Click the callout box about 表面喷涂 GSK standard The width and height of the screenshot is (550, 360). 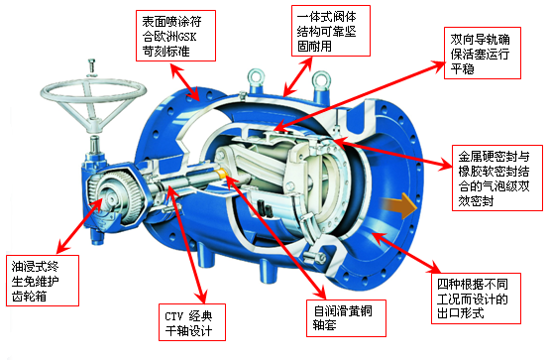point(175,36)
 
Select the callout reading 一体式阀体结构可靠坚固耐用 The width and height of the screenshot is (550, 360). point(331,31)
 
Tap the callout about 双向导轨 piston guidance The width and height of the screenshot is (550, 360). point(483,53)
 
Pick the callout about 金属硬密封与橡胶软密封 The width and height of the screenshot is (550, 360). point(497,178)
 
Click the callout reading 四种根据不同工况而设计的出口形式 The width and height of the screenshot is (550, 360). point(476,299)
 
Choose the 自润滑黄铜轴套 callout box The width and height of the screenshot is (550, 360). point(346,318)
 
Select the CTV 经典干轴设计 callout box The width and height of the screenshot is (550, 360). point(192,322)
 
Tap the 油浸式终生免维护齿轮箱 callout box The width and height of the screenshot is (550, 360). point(43,281)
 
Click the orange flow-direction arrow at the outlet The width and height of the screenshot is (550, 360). point(399,205)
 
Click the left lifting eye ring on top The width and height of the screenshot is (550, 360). point(256,77)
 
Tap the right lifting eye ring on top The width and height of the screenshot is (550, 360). point(321,79)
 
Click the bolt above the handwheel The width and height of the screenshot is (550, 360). point(92,67)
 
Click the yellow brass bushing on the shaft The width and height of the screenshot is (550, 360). point(222,174)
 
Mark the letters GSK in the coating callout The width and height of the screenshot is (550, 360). point(187,37)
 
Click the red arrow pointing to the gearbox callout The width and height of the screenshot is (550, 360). point(79,225)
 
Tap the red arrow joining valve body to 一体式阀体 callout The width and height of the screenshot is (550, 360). point(297,76)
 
